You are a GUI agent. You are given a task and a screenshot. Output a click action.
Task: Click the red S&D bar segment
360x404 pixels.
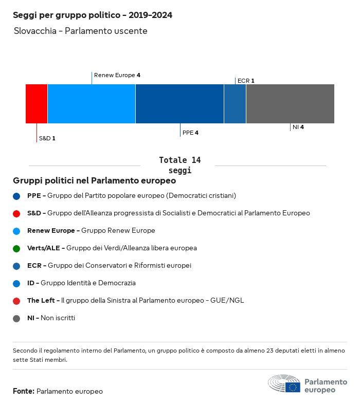pyautogui.click(x=37, y=104)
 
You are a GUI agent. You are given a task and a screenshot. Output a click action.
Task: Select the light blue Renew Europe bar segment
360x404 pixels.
pyautogui.click(x=92, y=104)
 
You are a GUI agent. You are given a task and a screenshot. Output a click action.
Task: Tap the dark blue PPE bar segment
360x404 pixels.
pyautogui.click(x=179, y=104)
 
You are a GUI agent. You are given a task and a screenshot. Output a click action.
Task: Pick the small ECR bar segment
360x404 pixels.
pyautogui.click(x=235, y=104)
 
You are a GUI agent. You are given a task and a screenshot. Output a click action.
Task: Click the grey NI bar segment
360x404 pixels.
pyautogui.click(x=290, y=104)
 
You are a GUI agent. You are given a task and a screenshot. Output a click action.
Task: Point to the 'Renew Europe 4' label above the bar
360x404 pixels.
pyautogui.click(x=117, y=75)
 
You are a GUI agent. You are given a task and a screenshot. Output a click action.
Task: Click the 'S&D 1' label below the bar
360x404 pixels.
pyautogui.click(x=47, y=138)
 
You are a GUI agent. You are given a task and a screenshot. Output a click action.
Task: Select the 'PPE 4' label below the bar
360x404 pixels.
pyautogui.click(x=190, y=133)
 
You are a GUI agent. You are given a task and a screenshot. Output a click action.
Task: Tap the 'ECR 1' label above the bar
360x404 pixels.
pyautogui.click(x=246, y=81)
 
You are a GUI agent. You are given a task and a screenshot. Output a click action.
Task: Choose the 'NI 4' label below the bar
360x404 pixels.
pyautogui.click(x=298, y=127)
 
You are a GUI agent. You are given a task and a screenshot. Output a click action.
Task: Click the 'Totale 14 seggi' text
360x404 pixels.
pyautogui.click(x=179, y=165)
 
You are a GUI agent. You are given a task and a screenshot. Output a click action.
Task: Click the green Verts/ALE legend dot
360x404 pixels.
pyautogui.click(x=16, y=248)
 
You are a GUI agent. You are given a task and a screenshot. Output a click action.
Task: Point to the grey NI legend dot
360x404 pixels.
pyautogui.click(x=16, y=318)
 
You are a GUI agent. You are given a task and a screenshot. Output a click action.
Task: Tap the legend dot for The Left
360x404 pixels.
pyautogui.click(x=16, y=301)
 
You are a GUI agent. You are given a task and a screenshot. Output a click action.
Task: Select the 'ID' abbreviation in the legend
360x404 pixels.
pyautogui.click(x=30, y=283)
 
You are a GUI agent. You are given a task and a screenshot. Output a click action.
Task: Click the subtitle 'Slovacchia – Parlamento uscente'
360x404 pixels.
pyautogui.click(x=81, y=31)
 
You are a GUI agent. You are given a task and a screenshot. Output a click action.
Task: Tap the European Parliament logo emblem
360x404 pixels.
pyautogui.click(x=284, y=384)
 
